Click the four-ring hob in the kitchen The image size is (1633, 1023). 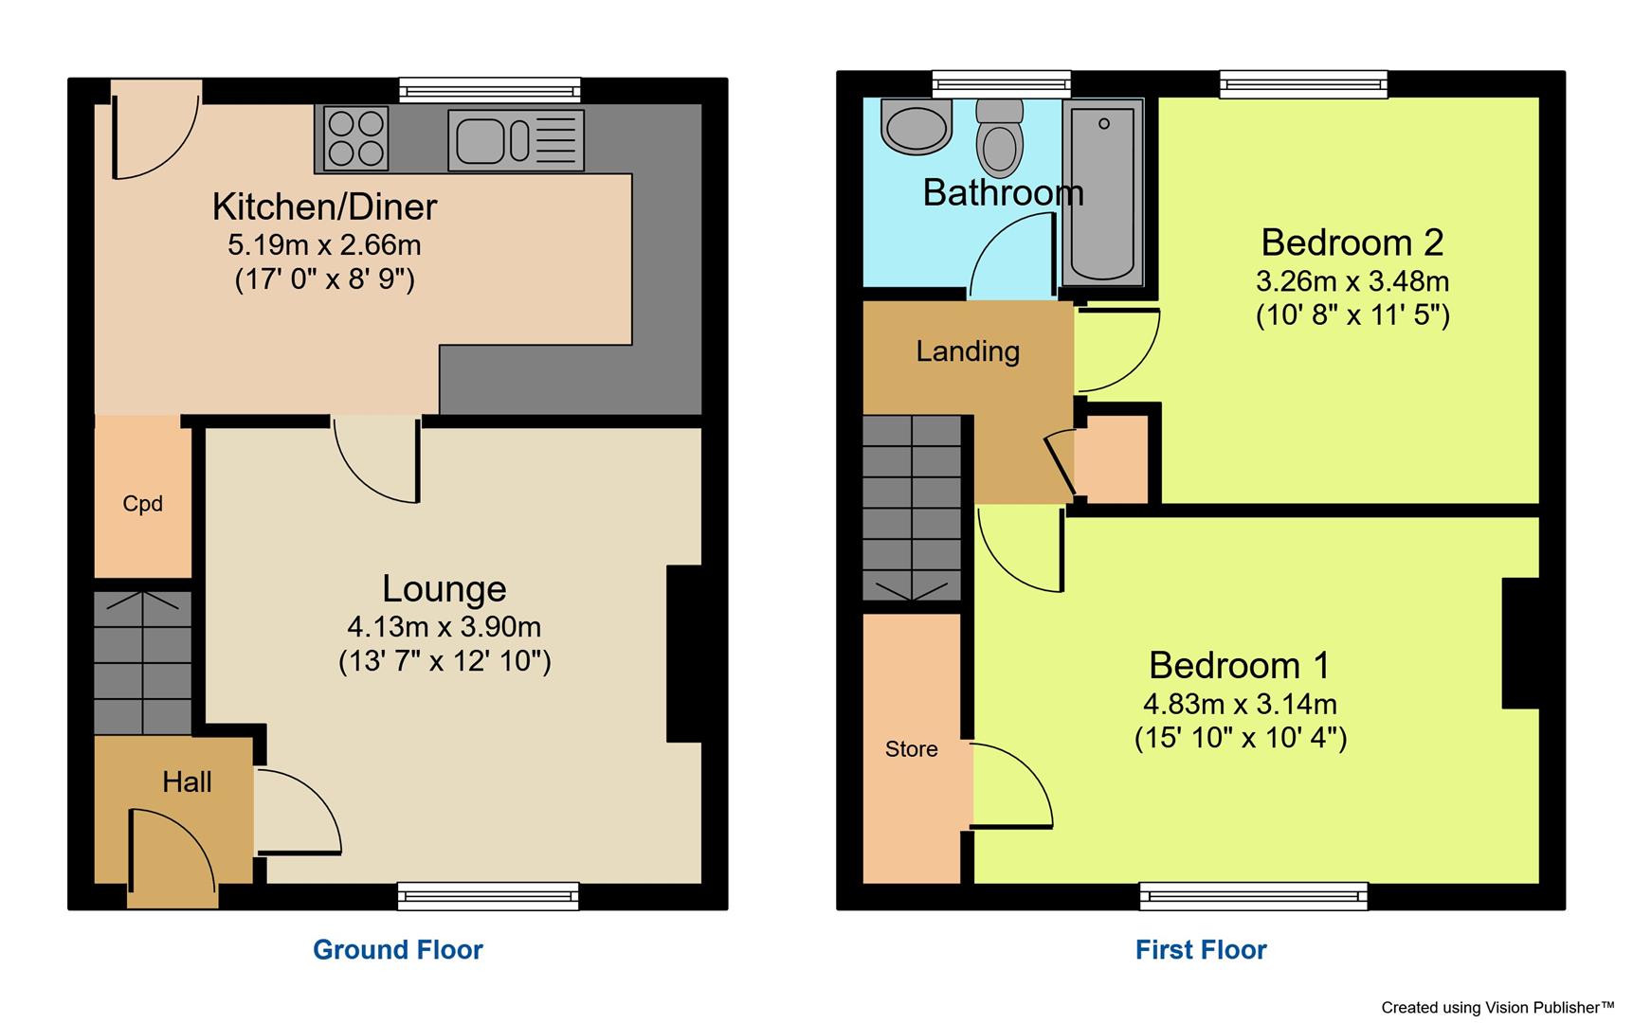(356, 138)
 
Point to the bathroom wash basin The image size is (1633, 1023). (916, 128)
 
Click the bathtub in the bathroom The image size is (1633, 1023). (1103, 193)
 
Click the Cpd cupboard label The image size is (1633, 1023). (143, 504)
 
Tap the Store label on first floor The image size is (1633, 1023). (912, 749)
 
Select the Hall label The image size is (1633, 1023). (187, 782)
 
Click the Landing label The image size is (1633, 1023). (968, 351)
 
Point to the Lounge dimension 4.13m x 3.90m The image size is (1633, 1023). (444, 627)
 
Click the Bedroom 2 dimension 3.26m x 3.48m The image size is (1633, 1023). (1352, 281)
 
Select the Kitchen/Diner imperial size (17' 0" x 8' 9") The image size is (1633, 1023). (325, 279)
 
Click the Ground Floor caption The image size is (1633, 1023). (398, 950)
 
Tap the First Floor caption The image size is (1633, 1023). (1201, 950)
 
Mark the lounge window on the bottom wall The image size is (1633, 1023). (488, 895)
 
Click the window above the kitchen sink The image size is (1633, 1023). (490, 90)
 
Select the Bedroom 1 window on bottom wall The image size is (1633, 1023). (1253, 895)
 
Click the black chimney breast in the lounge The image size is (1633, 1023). (684, 654)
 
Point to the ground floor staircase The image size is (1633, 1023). (143, 663)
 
